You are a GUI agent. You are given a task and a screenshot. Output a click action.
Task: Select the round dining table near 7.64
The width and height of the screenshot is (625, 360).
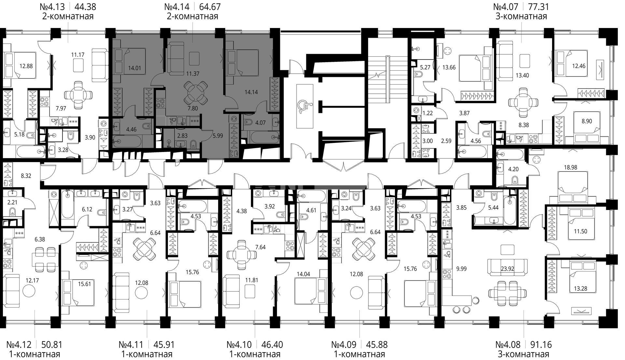tap(241, 254)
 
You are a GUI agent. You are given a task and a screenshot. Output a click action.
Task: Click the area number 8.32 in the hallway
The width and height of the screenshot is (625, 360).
tap(26, 176)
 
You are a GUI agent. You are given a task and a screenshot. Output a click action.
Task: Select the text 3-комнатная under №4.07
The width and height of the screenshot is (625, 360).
tap(521, 16)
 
